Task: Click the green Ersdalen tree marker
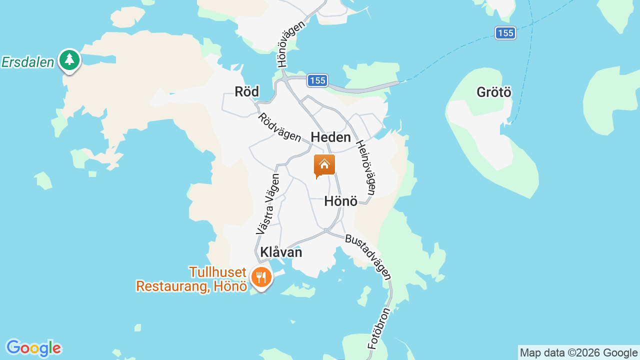(69, 60)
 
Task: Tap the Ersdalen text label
(27, 62)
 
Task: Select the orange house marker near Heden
(324, 165)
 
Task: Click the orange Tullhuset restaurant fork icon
(261, 276)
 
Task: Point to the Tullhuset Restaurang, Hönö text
(191, 279)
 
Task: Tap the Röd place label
(247, 91)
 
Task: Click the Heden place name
(330, 137)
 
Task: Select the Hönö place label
(340, 201)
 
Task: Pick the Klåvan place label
(281, 252)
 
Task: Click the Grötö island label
(494, 92)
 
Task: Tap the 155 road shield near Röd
(317, 80)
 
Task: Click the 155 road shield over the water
(505, 33)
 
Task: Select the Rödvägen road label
(279, 127)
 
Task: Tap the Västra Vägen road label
(267, 204)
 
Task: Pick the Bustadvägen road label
(368, 256)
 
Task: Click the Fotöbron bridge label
(378, 328)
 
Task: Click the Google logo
(33, 348)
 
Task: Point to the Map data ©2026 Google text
(578, 352)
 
